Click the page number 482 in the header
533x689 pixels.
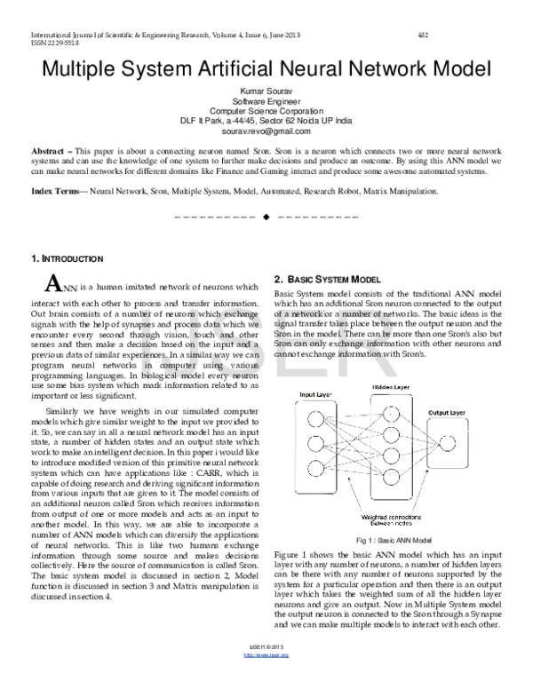pos(423,34)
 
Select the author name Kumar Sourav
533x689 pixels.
pos(267,91)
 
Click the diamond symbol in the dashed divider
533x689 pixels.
pos(266,218)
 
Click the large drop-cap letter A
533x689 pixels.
pos(52,284)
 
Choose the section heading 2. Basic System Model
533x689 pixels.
pos(333,279)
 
